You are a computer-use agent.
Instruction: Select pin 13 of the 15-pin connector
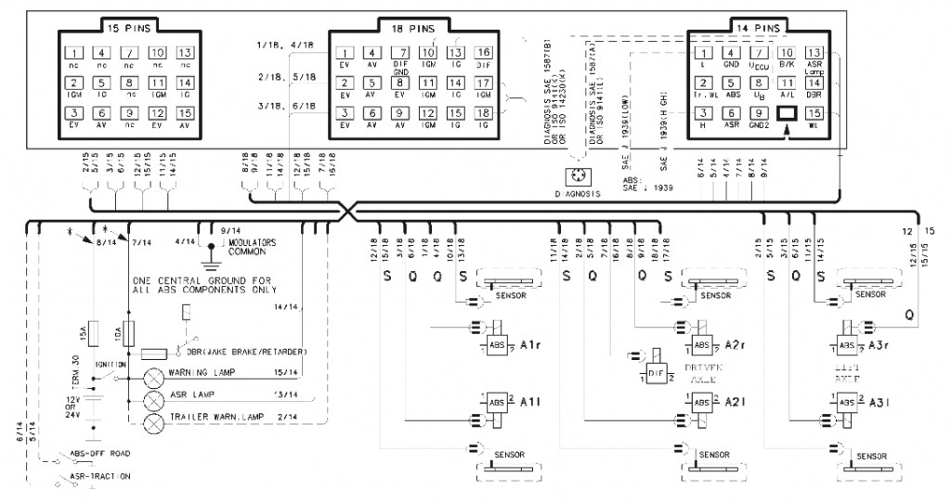186,53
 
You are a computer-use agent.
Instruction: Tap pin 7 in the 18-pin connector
401,53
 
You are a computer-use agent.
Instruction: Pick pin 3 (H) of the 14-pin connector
705,113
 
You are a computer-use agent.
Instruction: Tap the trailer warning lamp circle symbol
152,419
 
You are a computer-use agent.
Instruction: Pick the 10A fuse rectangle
129,332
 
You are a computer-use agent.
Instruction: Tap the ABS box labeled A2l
703,402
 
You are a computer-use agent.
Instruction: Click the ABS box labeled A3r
848,346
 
